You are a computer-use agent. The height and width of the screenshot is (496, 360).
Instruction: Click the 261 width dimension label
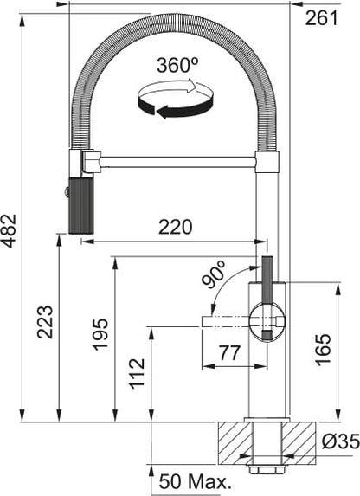pos(321,18)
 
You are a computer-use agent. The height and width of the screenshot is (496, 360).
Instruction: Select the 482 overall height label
pos(9,231)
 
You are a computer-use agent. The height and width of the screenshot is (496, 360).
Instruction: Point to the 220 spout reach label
pos(175,227)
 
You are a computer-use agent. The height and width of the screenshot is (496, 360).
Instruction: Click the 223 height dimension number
pos(45,322)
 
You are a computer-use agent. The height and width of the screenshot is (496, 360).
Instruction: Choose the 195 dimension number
pos(100,334)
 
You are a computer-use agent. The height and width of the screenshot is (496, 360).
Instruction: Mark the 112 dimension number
pos(137,372)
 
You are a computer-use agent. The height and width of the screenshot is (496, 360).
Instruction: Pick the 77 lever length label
pos(230,352)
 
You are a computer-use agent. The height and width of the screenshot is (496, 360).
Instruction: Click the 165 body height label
pos(324,349)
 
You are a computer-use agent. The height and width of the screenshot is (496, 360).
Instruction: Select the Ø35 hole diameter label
pos(340,441)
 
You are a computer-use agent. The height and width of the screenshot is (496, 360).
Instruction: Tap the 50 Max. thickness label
pos(193,481)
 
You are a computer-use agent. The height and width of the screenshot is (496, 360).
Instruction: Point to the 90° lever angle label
pos(214,274)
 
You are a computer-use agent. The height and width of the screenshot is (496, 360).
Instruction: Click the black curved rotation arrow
pos(176,106)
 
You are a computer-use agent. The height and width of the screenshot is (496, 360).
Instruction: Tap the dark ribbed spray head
pos(81,205)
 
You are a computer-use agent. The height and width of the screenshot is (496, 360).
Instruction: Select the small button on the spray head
pos(67,192)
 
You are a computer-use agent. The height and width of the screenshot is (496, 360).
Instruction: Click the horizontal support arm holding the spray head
pos(177,162)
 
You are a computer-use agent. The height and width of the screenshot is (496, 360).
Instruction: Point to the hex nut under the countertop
pos(266,469)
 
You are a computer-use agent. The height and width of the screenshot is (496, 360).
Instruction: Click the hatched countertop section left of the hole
pos(235,443)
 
